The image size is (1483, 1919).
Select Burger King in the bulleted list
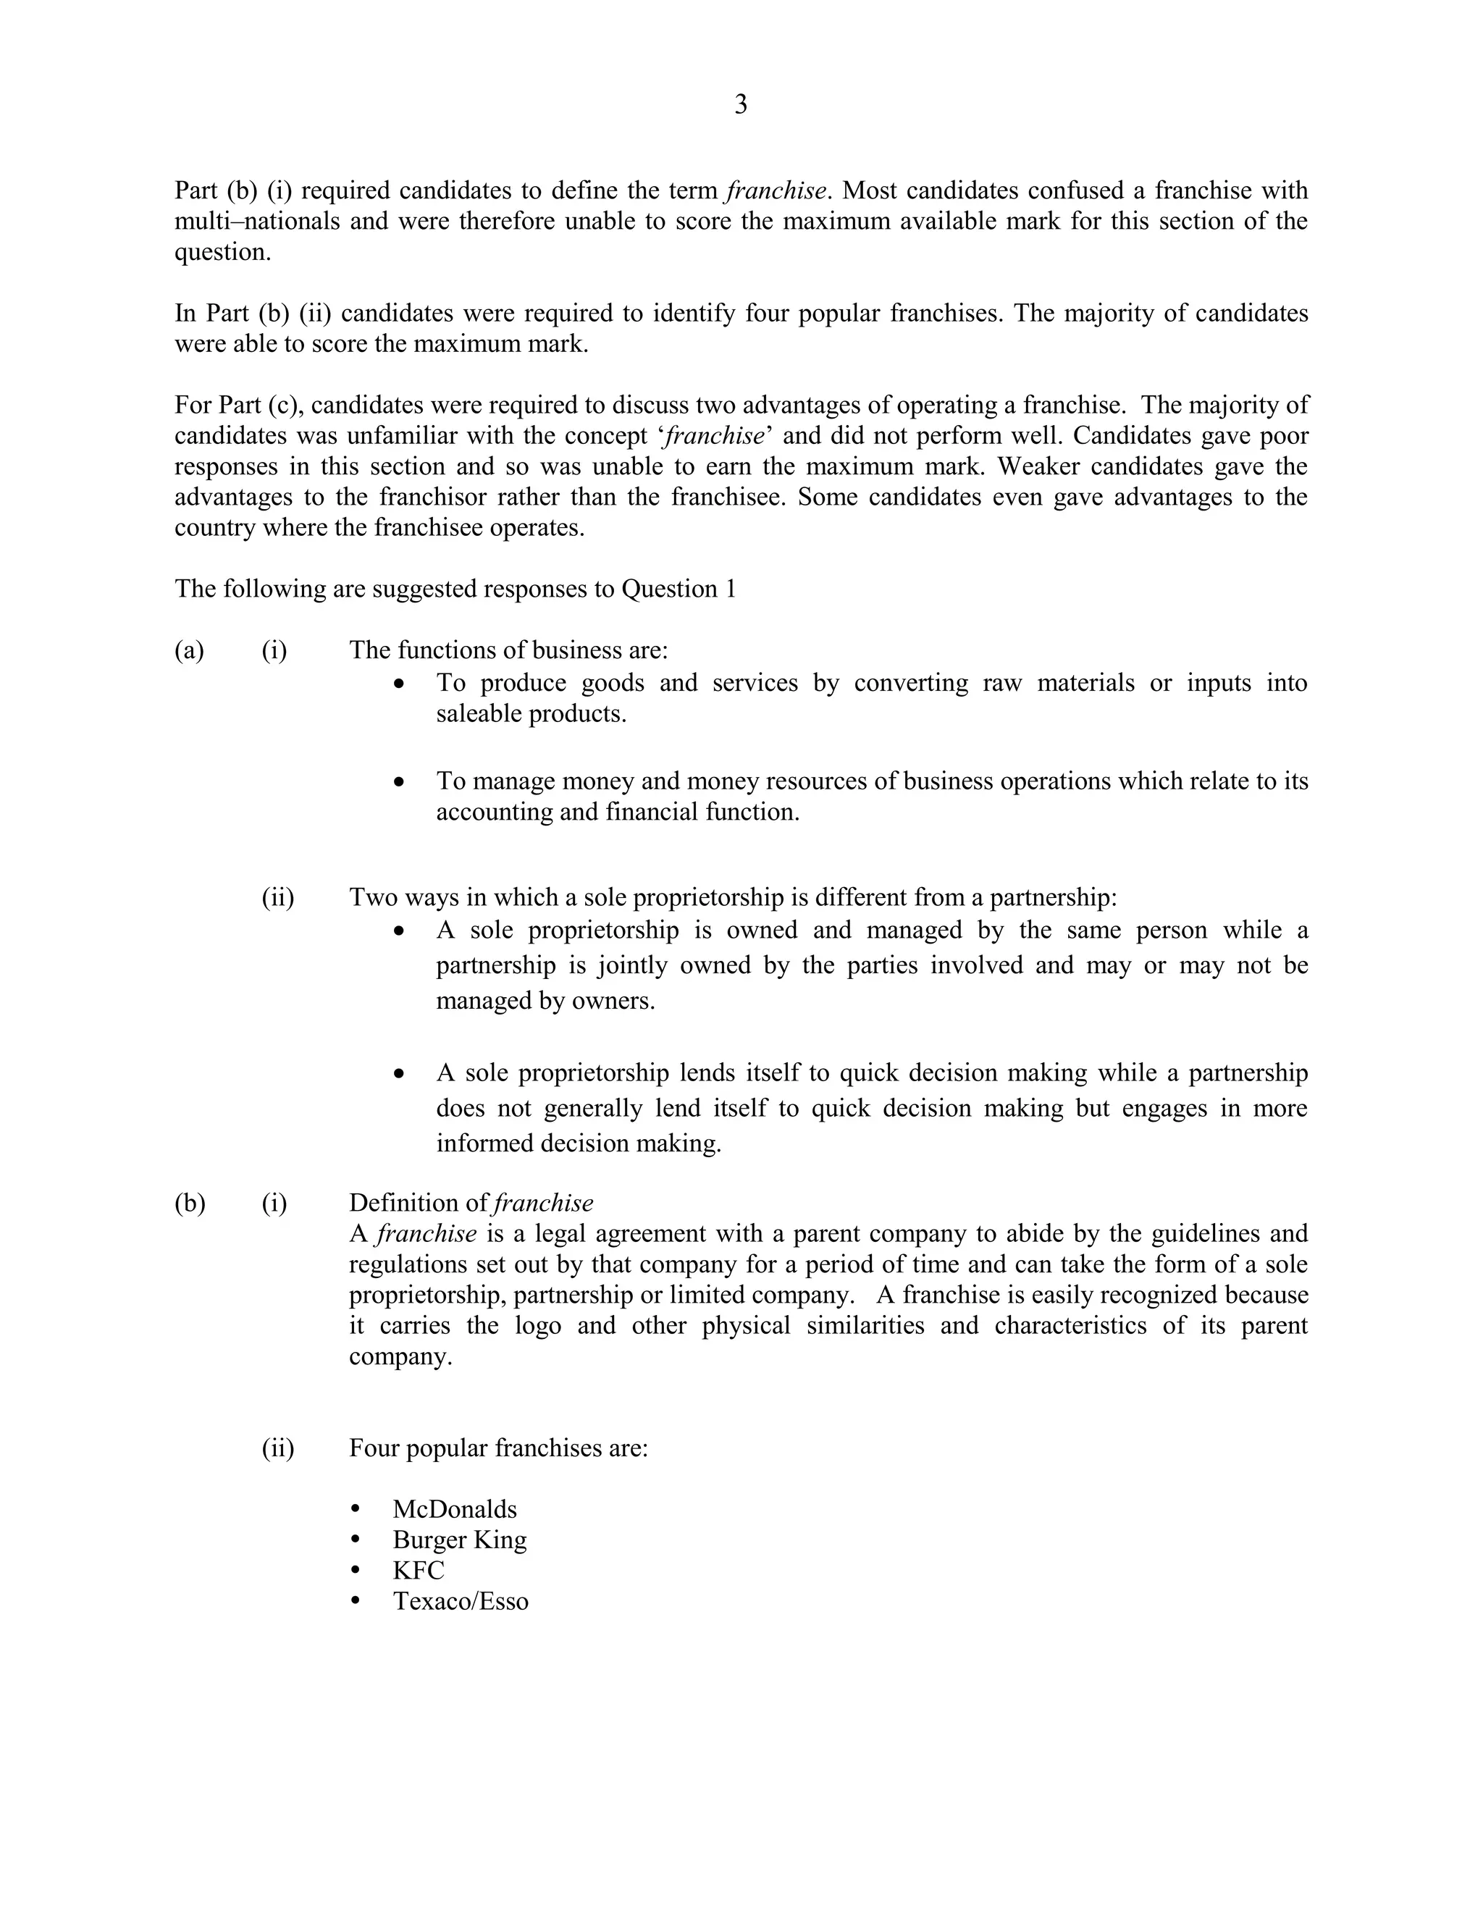(x=460, y=1540)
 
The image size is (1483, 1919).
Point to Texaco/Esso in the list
(x=461, y=1601)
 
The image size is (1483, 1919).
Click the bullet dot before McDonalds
(x=356, y=1508)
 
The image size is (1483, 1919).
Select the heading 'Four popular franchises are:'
(x=498, y=1447)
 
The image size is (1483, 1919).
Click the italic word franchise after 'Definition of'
(x=544, y=1203)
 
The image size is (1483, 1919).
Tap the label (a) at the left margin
(x=189, y=650)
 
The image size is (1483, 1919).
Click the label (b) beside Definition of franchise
(x=190, y=1203)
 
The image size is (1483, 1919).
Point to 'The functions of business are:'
(x=508, y=650)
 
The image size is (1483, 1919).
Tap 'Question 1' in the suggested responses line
(x=679, y=589)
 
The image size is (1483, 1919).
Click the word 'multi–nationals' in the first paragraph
(x=257, y=221)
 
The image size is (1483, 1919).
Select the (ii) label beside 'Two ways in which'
(x=277, y=897)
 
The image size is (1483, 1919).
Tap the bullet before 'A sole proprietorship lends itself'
(x=400, y=1074)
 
